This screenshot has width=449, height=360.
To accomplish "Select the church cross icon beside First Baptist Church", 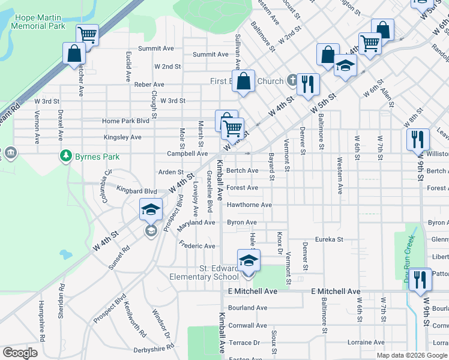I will (x=292, y=80).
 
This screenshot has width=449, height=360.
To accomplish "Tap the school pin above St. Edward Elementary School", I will (x=247, y=260).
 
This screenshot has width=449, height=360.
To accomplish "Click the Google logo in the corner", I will (x=20, y=353).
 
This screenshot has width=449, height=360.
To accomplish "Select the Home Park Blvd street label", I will (x=125, y=121).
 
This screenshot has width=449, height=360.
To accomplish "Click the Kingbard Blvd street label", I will (x=137, y=191).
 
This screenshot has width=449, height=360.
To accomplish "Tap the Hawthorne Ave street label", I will (x=249, y=205).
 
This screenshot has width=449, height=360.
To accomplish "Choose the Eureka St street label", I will (x=328, y=239).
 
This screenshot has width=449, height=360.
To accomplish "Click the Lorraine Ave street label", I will (x=366, y=342).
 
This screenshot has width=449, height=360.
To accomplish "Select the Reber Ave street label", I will (x=149, y=85).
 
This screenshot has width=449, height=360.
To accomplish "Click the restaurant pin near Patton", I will (x=420, y=279).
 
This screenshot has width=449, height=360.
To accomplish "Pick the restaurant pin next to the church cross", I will (x=308, y=85).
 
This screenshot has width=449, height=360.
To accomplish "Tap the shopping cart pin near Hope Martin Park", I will (x=88, y=36).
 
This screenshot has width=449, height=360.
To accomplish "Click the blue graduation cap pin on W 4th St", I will (x=151, y=210).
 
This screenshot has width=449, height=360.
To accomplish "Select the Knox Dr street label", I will (x=279, y=242).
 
